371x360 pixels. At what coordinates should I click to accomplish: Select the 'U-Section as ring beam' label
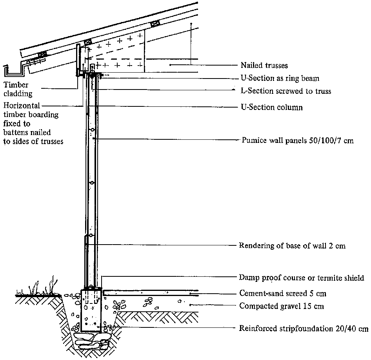(280, 78)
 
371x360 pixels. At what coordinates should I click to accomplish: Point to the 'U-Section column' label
(271, 107)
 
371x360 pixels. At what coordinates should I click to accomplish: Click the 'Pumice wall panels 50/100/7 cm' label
(298, 140)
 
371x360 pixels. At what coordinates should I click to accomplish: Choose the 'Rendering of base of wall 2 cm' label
(292, 246)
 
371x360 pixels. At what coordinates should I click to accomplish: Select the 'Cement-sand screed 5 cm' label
(282, 293)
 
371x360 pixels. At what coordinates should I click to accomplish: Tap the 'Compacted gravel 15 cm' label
(281, 306)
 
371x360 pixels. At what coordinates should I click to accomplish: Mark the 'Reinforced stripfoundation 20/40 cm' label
(304, 328)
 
